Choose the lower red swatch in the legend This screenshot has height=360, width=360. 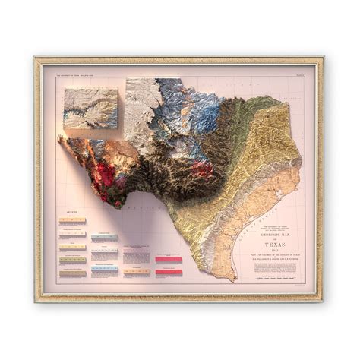(x=169, y=272)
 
